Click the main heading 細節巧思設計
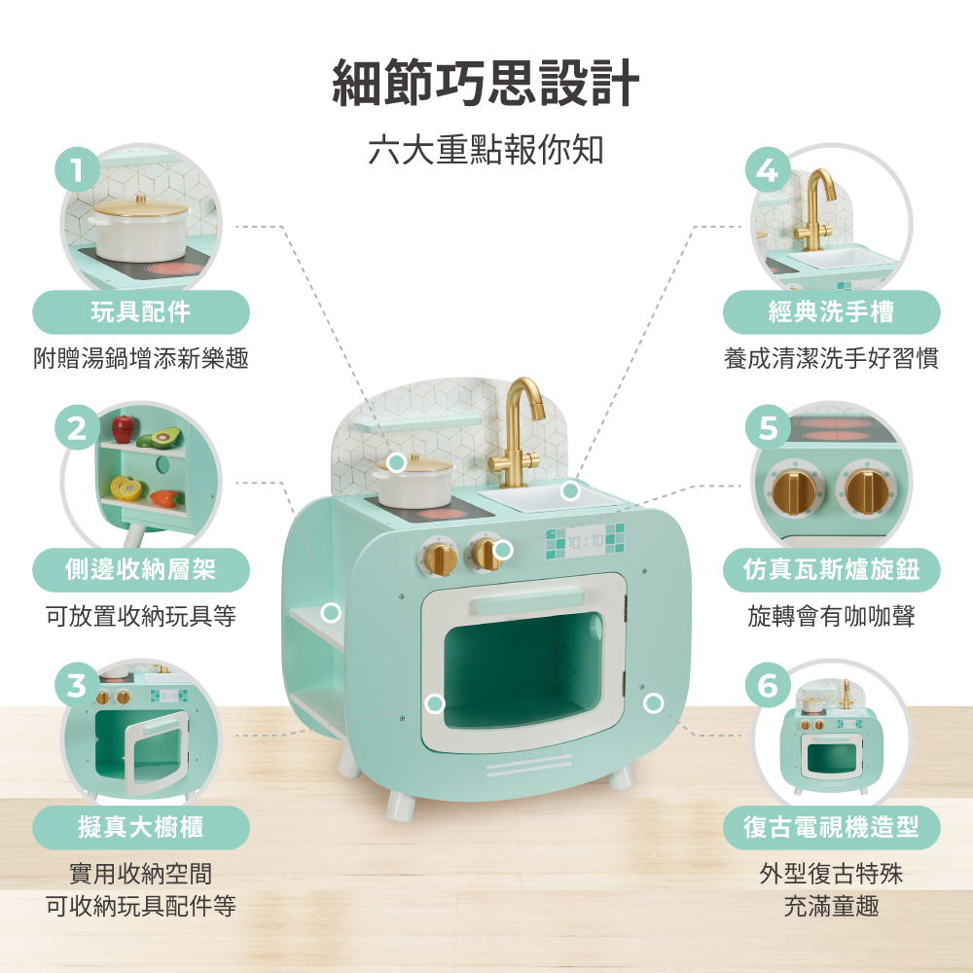pyautogui.click(x=486, y=83)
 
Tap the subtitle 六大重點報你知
pyautogui.click(x=486, y=150)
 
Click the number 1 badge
pyautogui.click(x=77, y=169)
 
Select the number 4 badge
pyautogui.click(x=768, y=169)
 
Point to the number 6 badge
pyautogui.click(x=768, y=685)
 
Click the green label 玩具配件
pyautogui.click(x=141, y=311)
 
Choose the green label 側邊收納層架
pyautogui.click(x=141, y=569)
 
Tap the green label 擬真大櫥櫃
pyautogui.click(x=141, y=827)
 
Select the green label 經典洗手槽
pyautogui.click(x=832, y=311)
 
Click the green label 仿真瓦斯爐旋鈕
pyautogui.click(x=832, y=569)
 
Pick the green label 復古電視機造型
pyautogui.click(x=832, y=827)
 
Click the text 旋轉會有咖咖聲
pyautogui.click(x=832, y=616)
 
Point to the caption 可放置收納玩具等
pyautogui.click(x=141, y=616)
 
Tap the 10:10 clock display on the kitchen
pyautogui.click(x=585, y=542)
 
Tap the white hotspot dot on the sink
pyautogui.click(x=570, y=490)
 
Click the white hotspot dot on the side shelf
pyautogui.click(x=332, y=612)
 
